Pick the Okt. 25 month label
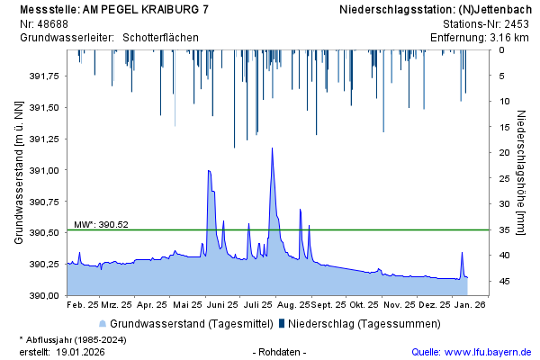click(364, 305)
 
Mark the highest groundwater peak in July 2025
click(272, 148)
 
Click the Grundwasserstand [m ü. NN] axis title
click(19, 173)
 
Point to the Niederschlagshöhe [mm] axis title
click(522, 173)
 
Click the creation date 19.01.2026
click(80, 352)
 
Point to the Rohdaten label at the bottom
click(280, 352)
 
